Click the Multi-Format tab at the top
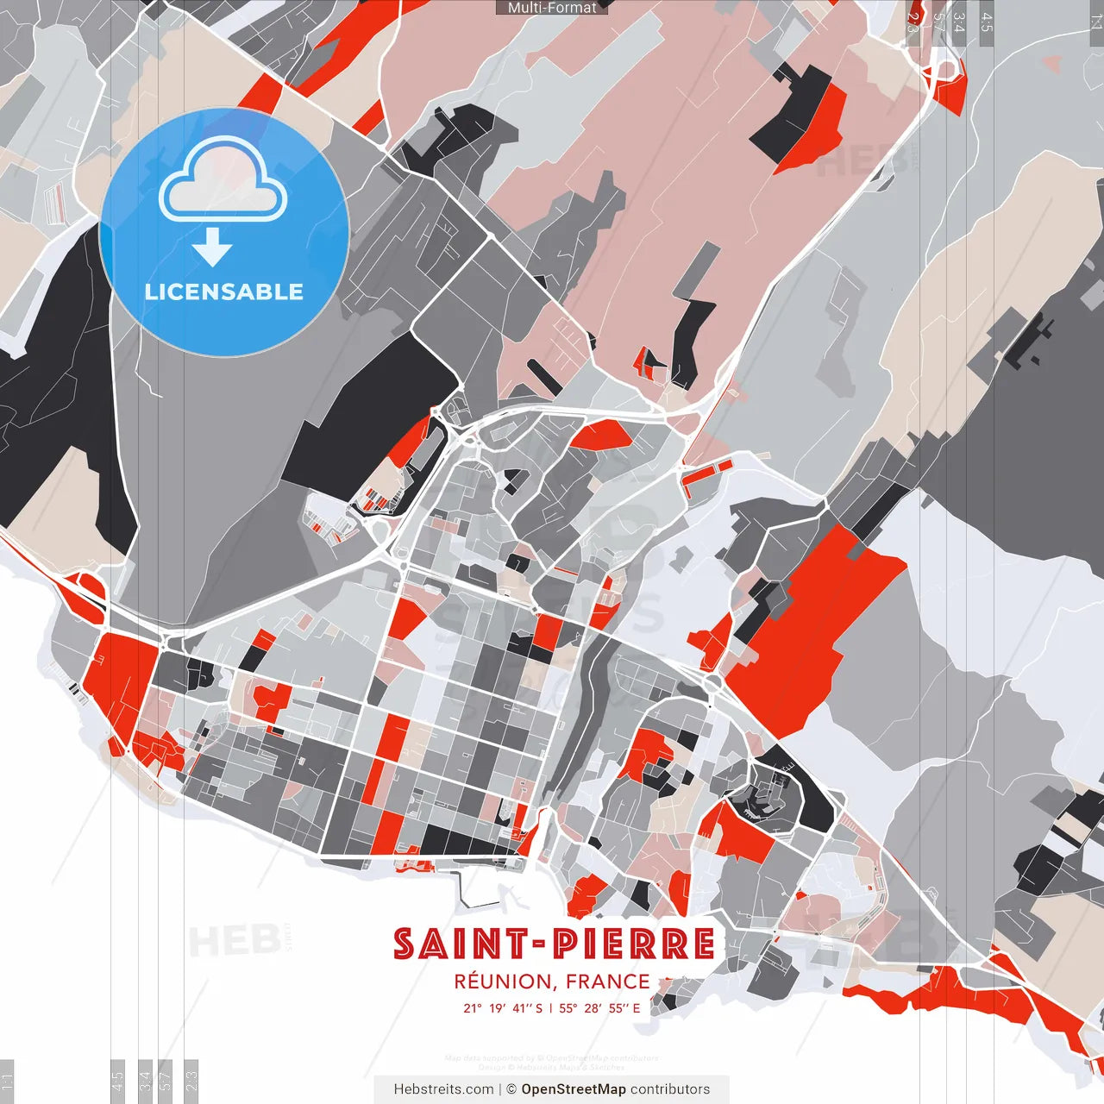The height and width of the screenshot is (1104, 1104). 552,8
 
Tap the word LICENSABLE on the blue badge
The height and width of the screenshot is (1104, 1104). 224,292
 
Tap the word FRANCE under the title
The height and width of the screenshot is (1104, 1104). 608,982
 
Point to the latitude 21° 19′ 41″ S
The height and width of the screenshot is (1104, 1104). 503,1008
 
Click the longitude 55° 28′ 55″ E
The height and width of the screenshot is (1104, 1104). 600,1008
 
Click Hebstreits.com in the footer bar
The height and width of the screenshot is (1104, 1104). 443,1089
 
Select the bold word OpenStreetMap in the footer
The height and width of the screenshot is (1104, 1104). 574,1089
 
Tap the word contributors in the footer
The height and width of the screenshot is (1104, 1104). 670,1089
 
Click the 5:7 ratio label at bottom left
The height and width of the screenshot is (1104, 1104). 166,1080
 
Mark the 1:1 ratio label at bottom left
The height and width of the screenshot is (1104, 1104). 7,1080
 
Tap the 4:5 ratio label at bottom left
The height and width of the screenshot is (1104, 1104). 117,1080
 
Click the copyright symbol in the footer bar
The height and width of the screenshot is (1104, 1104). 511,1089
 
